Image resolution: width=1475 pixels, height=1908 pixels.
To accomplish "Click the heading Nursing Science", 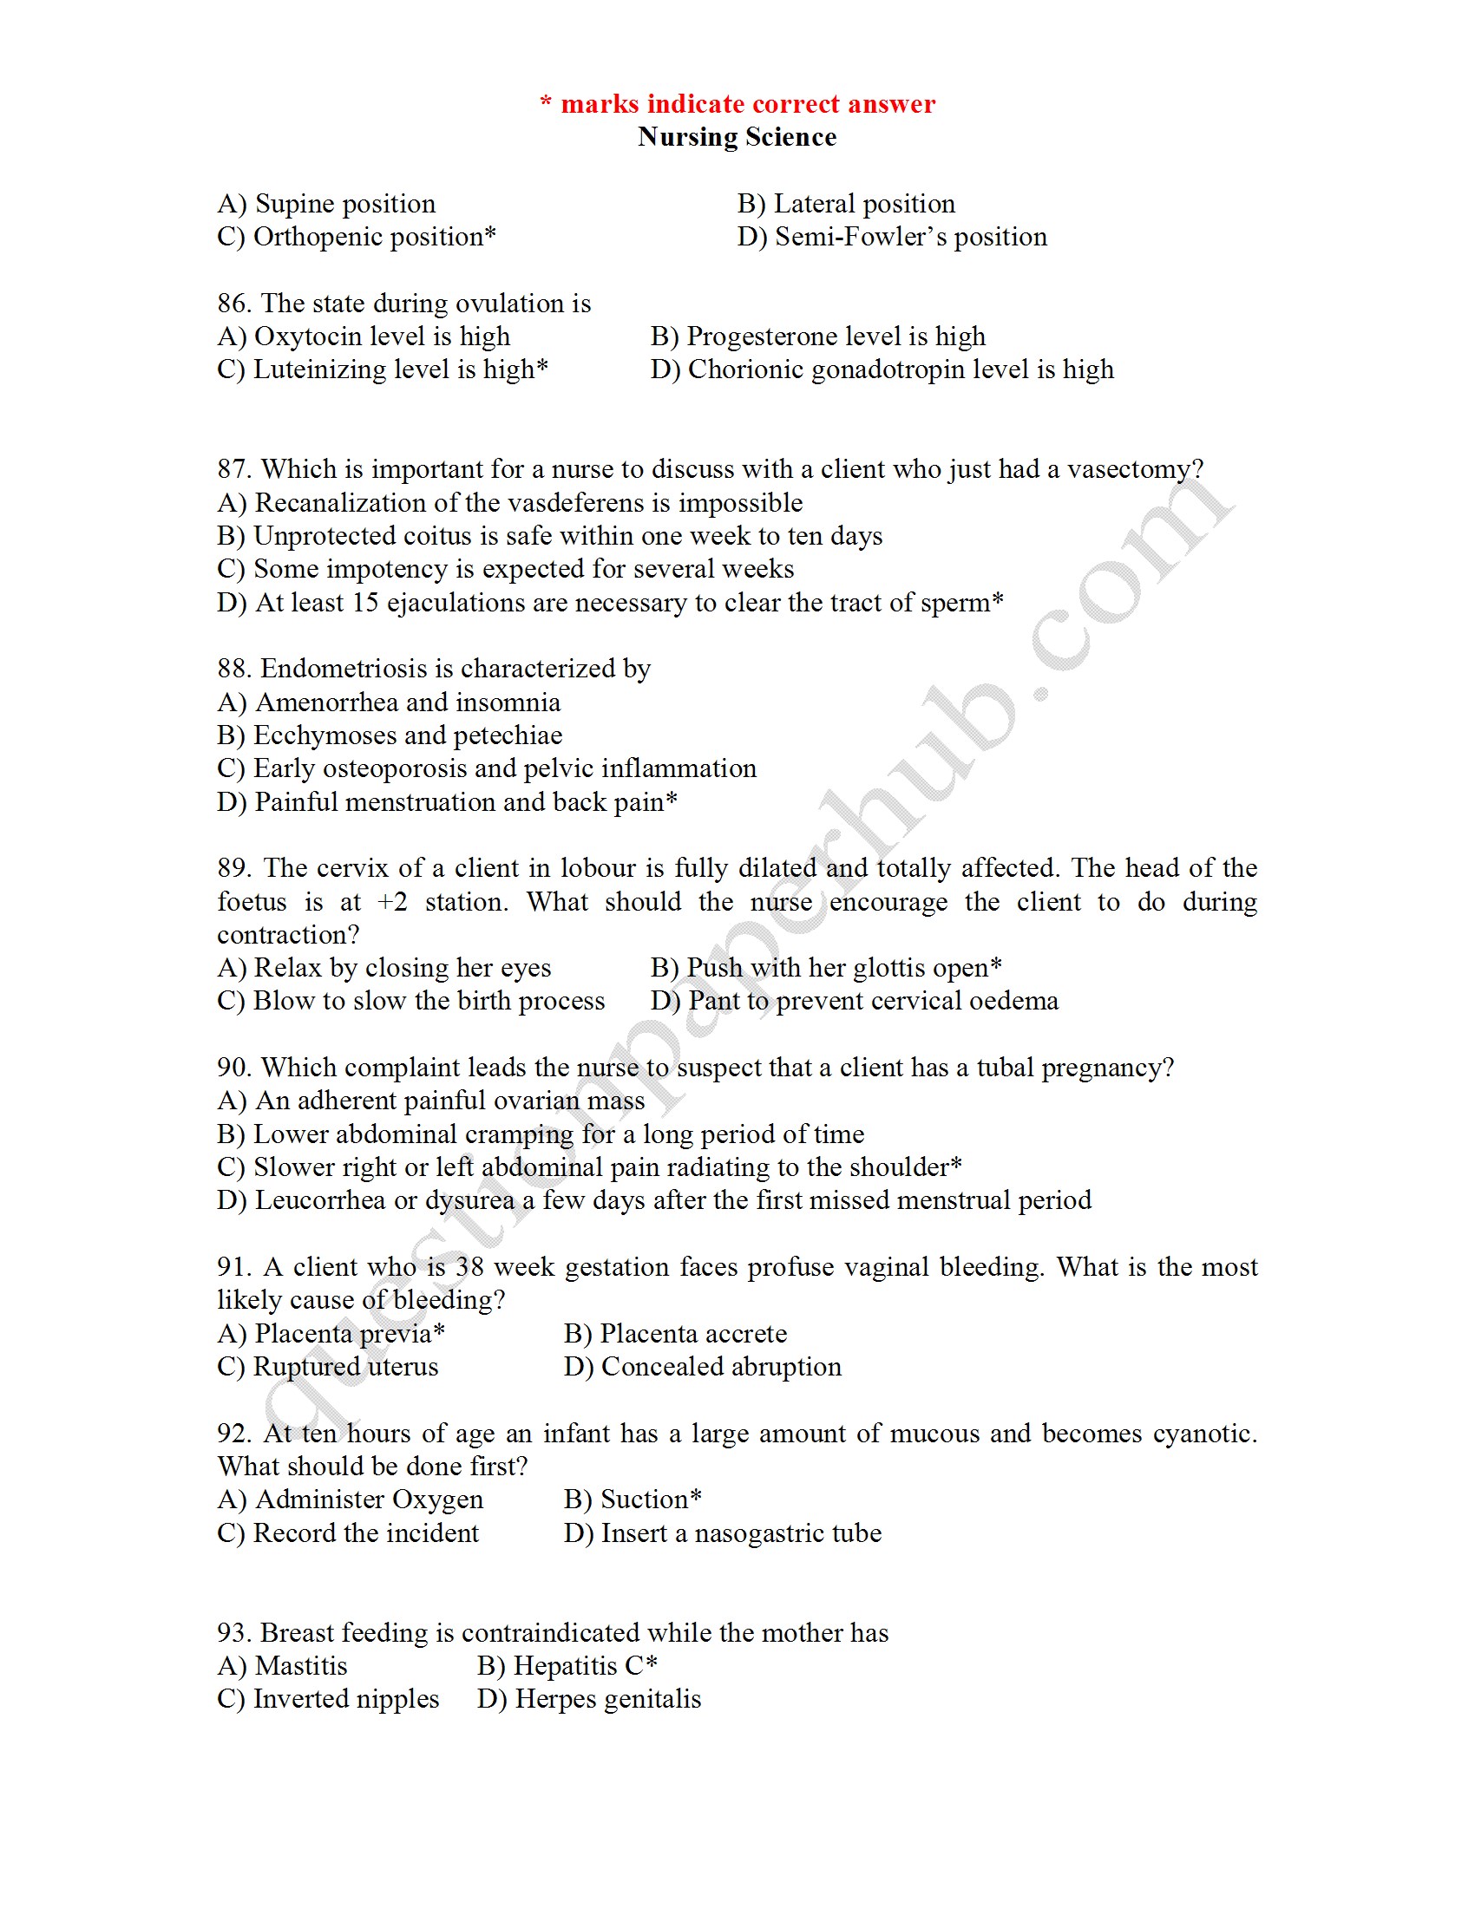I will [737, 137].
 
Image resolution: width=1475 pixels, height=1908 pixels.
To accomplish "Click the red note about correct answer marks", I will [737, 104].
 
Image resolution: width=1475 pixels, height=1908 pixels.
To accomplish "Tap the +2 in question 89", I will [392, 902].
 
